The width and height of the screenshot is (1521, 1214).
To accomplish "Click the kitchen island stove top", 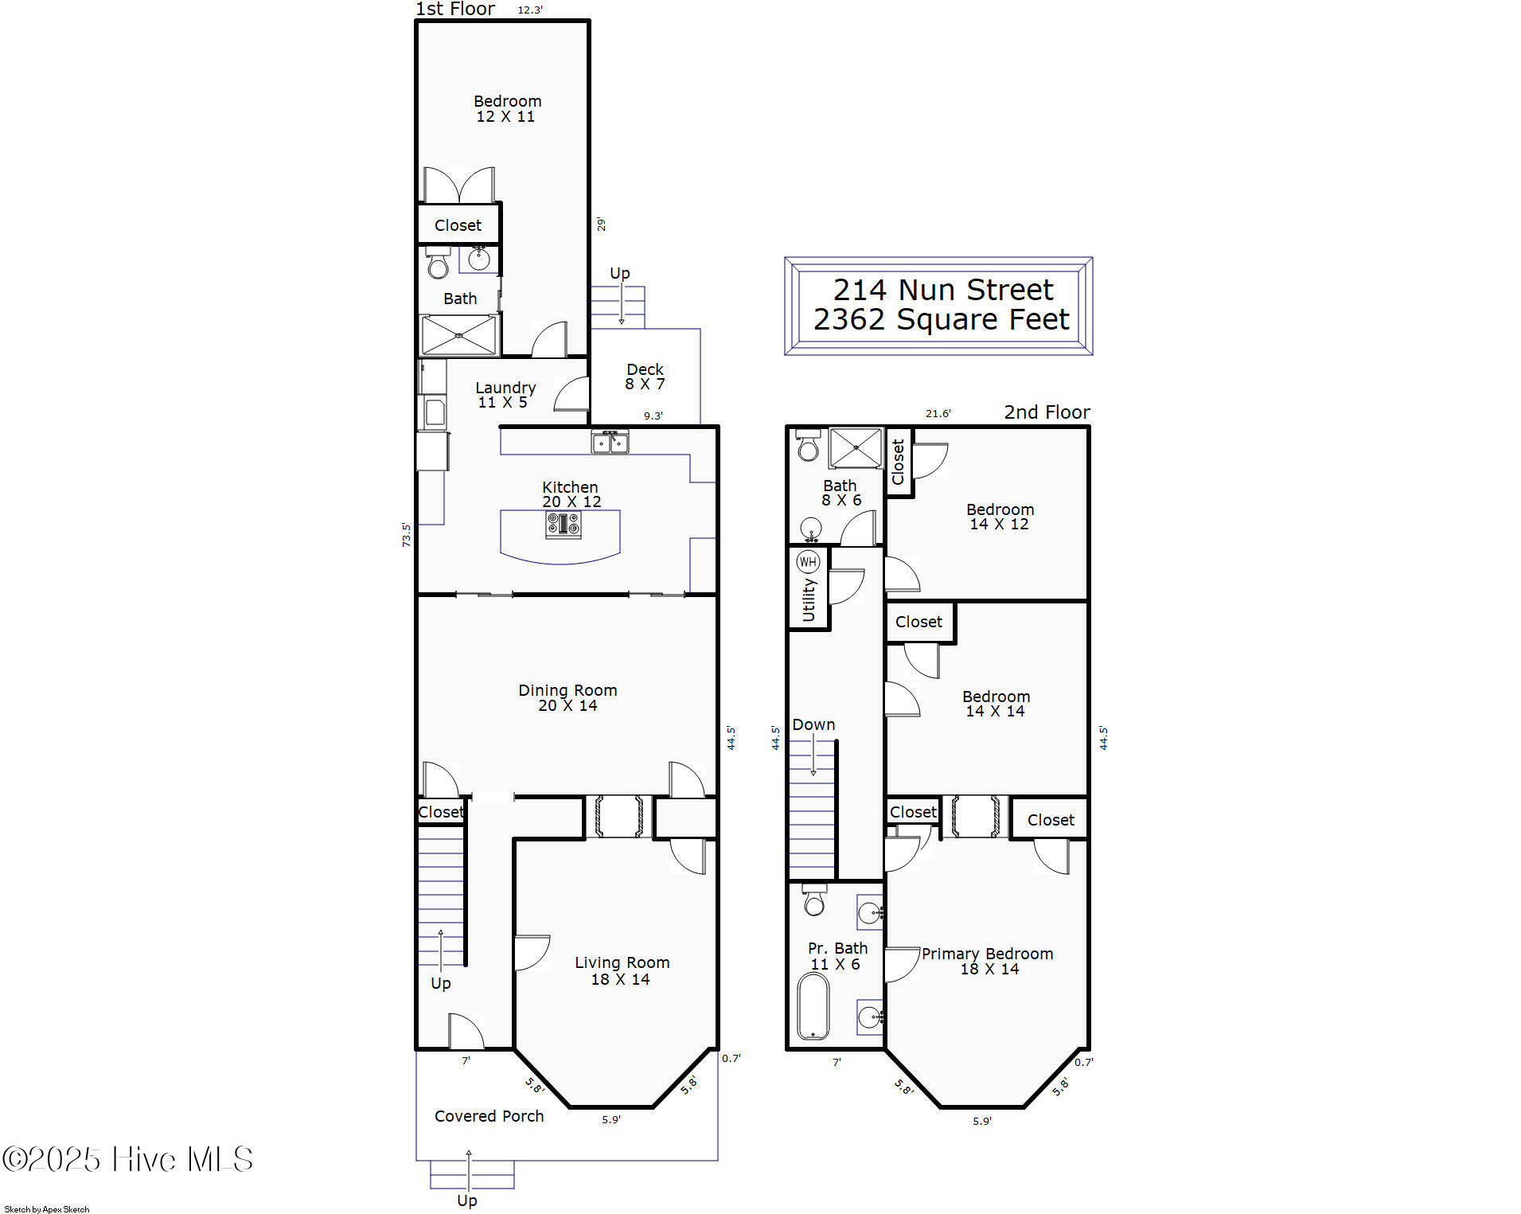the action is [563, 525].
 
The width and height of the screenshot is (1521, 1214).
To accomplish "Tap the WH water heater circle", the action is [808, 562].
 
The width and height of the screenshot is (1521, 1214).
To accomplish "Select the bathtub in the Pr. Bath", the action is [813, 1005].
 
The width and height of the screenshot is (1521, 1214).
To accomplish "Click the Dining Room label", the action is [567, 690].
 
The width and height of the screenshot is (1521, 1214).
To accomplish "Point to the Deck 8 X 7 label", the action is [645, 377].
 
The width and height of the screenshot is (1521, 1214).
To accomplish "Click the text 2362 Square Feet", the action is [941, 319].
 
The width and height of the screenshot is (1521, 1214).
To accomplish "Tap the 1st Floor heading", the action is [455, 9].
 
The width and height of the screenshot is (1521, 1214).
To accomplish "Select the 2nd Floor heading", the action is [1047, 412].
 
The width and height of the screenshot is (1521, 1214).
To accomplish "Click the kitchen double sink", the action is [610, 442].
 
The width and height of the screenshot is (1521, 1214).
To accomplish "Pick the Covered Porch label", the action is [489, 1116].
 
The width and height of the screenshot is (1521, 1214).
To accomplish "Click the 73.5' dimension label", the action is [406, 534].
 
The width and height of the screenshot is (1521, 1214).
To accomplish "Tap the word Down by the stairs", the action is [813, 724].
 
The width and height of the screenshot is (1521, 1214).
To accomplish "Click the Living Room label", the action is [622, 962].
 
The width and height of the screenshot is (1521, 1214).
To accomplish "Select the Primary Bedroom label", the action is [987, 954].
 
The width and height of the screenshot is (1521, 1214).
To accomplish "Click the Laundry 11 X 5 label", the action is [505, 395].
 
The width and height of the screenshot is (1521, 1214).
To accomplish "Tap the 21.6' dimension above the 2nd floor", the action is [938, 413].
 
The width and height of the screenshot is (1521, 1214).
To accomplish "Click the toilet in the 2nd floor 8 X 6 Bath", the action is [808, 446].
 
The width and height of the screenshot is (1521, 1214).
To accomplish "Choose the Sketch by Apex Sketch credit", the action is [47, 1209].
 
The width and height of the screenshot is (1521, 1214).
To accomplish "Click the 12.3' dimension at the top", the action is [530, 10].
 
